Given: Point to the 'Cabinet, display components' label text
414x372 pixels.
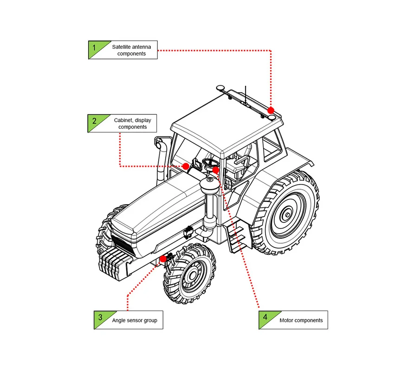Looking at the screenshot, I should click(132, 123).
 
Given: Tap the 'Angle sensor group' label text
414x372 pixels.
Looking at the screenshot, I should click(135, 320).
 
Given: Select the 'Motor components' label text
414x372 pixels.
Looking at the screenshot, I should click(301, 320).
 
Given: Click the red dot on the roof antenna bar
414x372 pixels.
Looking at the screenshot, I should click(271, 110).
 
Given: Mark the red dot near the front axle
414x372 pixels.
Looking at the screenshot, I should click(163, 259).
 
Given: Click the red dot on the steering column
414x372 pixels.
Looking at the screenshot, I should click(216, 170).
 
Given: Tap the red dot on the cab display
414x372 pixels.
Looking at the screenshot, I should click(186, 166).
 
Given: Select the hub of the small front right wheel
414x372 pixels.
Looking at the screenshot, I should click(191, 276).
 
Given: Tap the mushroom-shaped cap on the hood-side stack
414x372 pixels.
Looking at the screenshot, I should click(210, 184).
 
